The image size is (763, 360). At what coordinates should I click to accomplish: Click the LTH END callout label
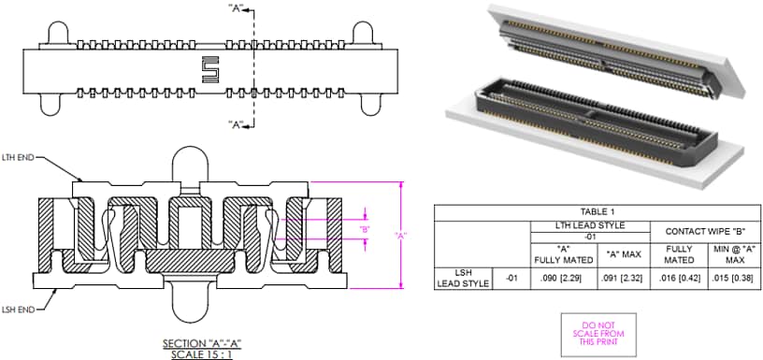click(x=19, y=158)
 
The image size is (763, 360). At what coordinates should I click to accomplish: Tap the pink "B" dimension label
click(x=366, y=229)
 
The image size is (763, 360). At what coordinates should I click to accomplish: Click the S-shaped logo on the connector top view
click(x=210, y=68)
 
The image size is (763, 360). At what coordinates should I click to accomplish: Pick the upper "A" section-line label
click(x=237, y=7)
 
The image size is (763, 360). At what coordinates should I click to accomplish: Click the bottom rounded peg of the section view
click(x=188, y=313)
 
